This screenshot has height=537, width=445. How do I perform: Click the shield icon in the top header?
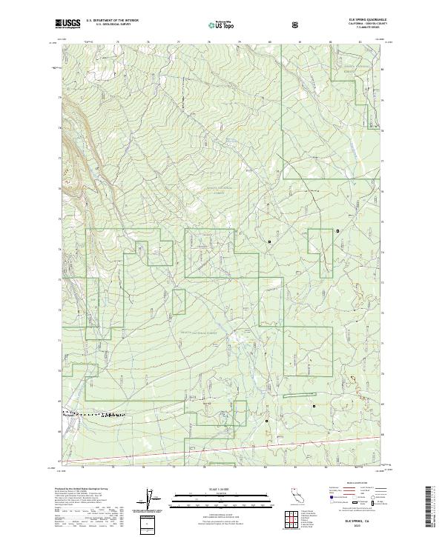[297, 24]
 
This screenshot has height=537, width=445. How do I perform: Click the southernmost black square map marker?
[314, 406]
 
